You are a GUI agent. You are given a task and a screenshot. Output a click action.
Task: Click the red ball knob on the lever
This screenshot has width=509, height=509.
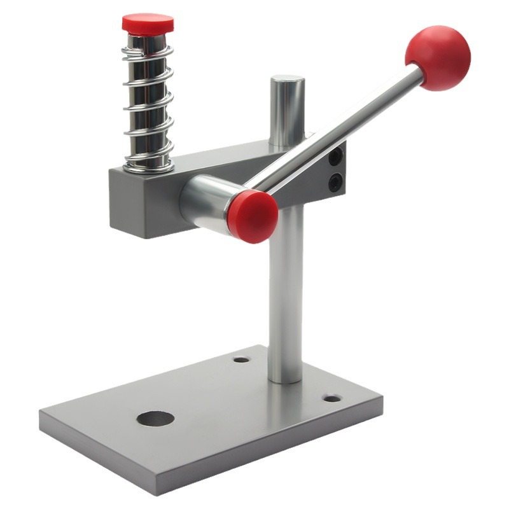[x=438, y=57]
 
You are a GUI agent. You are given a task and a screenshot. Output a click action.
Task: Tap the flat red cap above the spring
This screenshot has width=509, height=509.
[x=148, y=24]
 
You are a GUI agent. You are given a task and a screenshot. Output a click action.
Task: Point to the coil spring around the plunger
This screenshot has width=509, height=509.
[x=148, y=102]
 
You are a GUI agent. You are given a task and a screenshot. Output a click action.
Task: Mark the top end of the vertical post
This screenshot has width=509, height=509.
[x=288, y=82]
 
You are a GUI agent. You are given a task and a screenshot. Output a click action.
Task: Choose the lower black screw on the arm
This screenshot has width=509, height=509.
[x=335, y=183]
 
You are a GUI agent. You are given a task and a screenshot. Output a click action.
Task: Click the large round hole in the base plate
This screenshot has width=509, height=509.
[x=155, y=419]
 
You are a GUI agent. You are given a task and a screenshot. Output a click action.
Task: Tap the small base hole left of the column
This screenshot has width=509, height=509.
[x=241, y=359]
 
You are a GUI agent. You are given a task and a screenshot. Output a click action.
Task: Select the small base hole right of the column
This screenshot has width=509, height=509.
[x=331, y=398]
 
